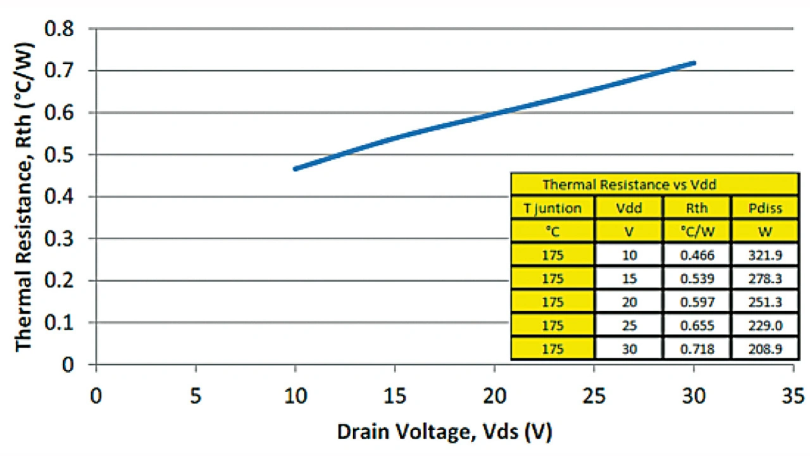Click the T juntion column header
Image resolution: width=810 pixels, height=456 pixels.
click(552, 207)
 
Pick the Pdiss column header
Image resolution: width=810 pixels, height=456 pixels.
click(764, 207)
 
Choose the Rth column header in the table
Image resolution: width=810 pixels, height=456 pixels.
click(697, 207)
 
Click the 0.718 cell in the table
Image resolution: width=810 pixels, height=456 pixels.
click(697, 348)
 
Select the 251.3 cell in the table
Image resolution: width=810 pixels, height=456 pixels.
click(764, 302)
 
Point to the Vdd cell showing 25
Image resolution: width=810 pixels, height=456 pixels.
click(629, 325)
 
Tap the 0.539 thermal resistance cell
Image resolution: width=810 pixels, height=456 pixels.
click(697, 278)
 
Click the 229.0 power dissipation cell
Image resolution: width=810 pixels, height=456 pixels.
click(764, 325)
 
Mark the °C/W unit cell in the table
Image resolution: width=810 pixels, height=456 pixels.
click(697, 231)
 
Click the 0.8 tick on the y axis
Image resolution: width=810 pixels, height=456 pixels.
click(61, 29)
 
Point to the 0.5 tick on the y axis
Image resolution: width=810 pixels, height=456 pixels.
click(61, 155)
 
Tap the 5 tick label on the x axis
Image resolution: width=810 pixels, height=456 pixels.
click(196, 396)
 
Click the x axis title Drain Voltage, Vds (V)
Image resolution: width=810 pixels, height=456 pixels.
click(445, 433)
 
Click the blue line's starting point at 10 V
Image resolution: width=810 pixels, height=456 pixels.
click(296, 169)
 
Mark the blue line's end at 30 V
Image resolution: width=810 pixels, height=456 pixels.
click(694, 63)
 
